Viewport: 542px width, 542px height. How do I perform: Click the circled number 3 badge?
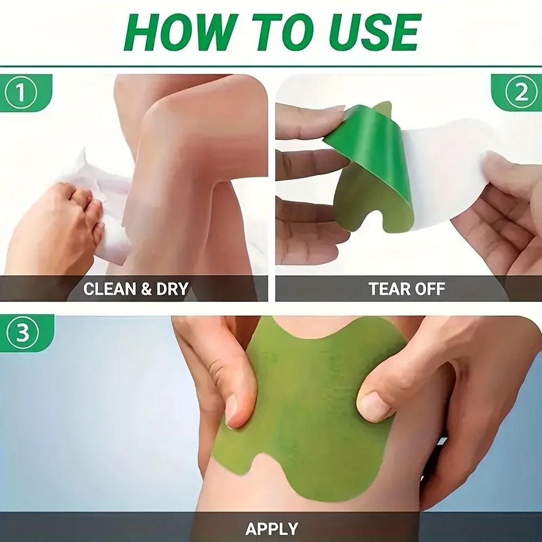click(22, 333)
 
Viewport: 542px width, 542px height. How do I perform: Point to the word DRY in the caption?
click(172, 289)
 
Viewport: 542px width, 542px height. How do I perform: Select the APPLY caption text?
click(272, 528)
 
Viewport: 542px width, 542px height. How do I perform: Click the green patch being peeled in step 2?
click(374, 168)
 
